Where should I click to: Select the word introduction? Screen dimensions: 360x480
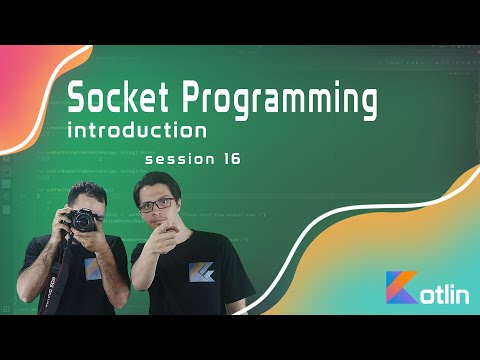click(137, 131)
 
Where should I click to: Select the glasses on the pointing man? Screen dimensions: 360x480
click(155, 204)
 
